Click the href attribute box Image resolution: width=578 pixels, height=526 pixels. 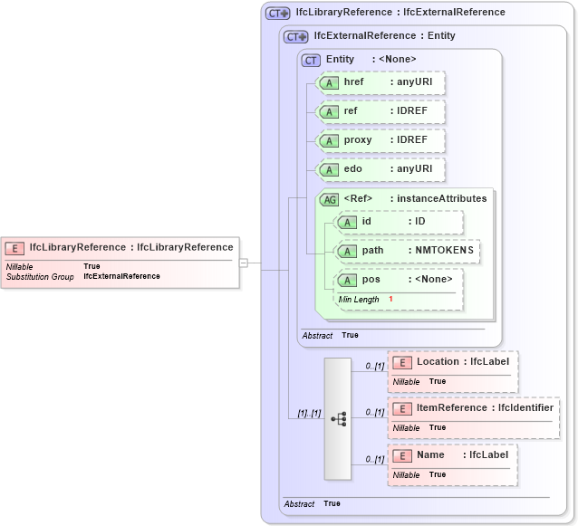(x=381, y=82)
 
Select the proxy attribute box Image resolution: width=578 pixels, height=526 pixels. (x=381, y=140)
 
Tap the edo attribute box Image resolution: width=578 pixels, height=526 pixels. (x=381, y=169)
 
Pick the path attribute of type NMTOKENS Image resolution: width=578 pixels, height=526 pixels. (x=407, y=251)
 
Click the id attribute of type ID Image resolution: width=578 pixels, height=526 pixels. (x=399, y=222)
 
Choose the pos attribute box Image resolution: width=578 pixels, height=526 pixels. (x=399, y=280)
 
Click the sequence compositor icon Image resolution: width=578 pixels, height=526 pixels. (x=338, y=419)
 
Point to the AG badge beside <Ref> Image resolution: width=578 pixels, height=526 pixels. (x=329, y=199)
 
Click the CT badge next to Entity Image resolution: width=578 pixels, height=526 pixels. (x=311, y=60)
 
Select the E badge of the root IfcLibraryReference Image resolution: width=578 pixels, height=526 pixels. (x=14, y=247)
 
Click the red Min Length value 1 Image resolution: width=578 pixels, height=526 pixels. (x=390, y=300)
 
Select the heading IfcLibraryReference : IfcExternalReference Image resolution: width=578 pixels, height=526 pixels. (x=400, y=13)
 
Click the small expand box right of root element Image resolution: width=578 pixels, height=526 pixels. (x=244, y=263)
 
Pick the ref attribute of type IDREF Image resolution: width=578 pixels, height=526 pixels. (x=381, y=111)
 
